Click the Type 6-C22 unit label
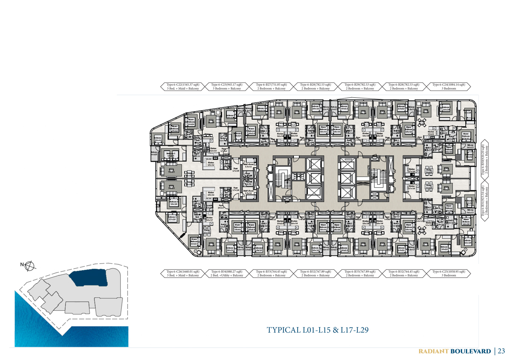click(x=183, y=85)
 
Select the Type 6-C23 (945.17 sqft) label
click(x=227, y=85)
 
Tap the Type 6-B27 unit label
click(x=272, y=85)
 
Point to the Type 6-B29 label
click(x=361, y=85)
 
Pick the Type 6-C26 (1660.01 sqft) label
click(x=183, y=271)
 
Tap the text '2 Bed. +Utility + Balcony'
click(x=227, y=276)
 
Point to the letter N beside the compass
click(x=22, y=265)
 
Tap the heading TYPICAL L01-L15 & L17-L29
click(x=318, y=330)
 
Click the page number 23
click(x=501, y=351)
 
